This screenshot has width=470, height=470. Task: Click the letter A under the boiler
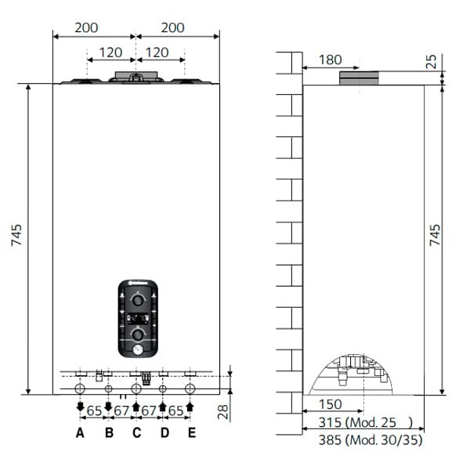80,432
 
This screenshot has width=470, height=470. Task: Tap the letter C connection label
136,432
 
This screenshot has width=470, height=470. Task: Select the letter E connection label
192,432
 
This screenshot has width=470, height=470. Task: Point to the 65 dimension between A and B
94,410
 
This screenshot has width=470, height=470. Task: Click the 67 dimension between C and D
150,410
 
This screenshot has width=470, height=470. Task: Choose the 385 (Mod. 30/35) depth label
361,440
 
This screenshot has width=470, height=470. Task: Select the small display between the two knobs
138,318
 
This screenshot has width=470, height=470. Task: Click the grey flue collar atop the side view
359,78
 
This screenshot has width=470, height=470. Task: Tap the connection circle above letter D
163,389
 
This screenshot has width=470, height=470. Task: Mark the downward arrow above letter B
108,407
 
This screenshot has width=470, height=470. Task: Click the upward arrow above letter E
190,407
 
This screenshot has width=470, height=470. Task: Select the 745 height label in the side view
436,235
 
